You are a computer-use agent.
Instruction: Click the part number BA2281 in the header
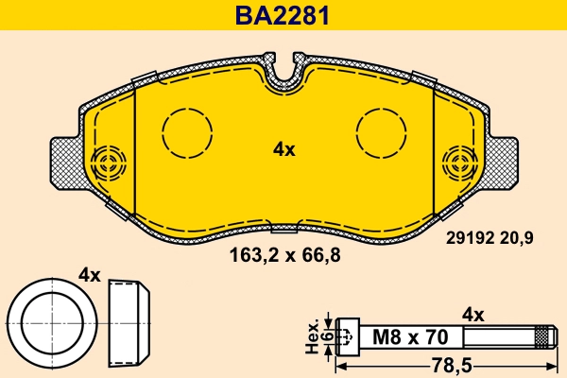tap(283, 16)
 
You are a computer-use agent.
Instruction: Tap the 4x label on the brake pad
tap(283, 149)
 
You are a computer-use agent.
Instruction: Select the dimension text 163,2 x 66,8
tap(283, 253)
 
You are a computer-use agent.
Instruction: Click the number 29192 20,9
tap(490, 239)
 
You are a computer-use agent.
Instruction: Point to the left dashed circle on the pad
tap(187, 129)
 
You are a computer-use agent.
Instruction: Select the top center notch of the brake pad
tap(284, 76)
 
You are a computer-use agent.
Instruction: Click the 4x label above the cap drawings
tap(89, 276)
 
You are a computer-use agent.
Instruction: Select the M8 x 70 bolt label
tap(409, 335)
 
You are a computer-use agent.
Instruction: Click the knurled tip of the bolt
tap(542, 335)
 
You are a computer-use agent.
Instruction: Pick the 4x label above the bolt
tap(472, 315)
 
